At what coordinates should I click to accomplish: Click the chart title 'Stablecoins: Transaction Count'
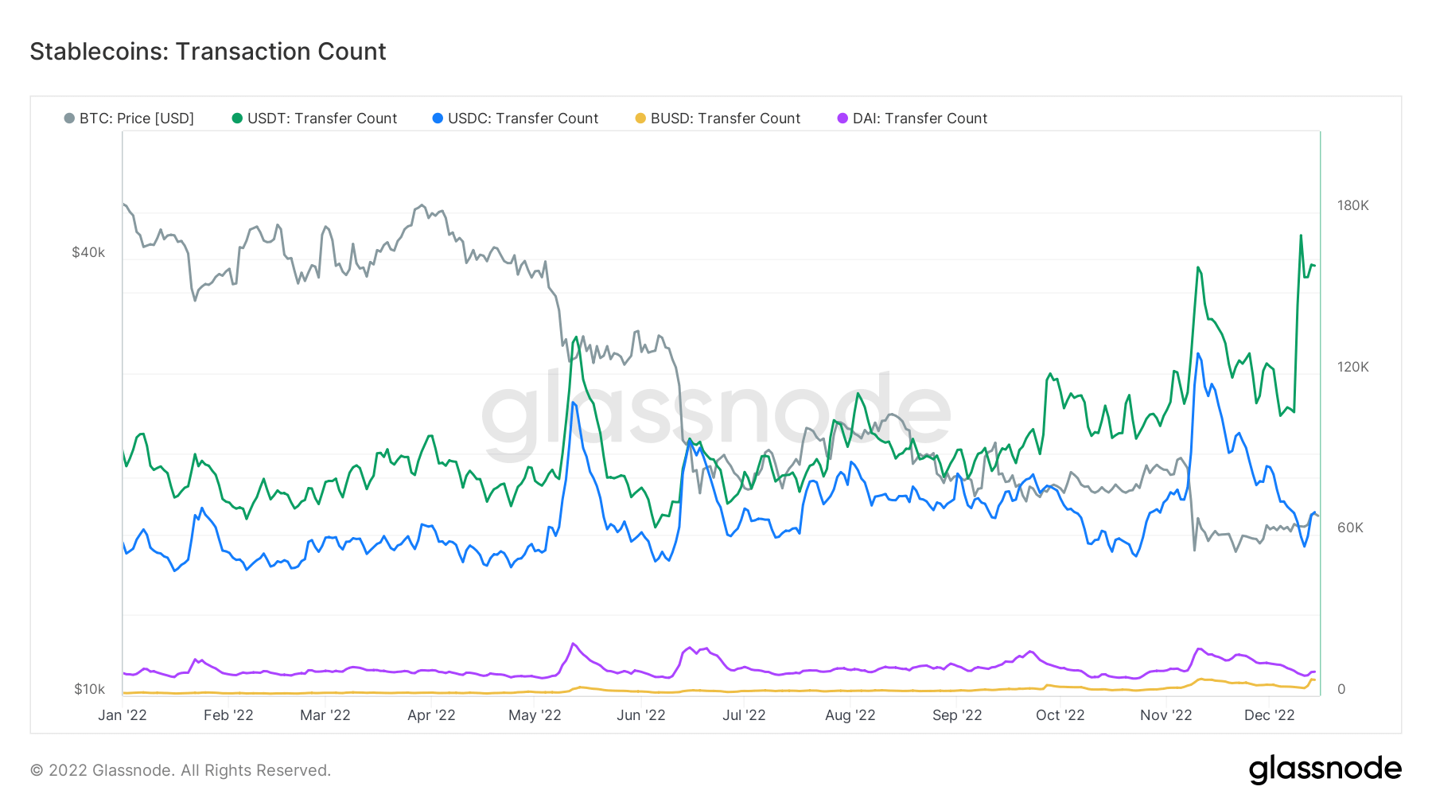point(208,52)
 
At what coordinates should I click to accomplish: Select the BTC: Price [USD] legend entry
point(130,119)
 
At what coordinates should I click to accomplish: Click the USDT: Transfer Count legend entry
point(315,119)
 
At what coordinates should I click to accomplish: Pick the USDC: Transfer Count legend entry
point(516,119)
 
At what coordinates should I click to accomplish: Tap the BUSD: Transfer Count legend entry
point(718,119)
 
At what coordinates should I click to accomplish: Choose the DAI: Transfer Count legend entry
point(913,119)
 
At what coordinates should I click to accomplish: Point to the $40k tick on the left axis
point(88,252)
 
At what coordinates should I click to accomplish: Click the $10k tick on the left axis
point(89,689)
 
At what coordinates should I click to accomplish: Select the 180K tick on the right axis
point(1352,205)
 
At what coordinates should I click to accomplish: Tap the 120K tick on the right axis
point(1352,367)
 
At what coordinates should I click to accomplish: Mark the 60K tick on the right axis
point(1350,528)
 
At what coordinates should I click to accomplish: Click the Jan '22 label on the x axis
point(123,715)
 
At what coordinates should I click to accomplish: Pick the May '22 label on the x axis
point(535,715)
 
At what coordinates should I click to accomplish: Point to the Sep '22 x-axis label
point(957,715)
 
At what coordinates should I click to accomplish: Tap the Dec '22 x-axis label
point(1269,715)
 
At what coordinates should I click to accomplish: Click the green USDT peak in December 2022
point(1301,236)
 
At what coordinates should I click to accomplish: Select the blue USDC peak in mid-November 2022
point(1198,354)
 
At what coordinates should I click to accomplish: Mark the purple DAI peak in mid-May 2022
point(573,644)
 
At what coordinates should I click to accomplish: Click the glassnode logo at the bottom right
point(1325,769)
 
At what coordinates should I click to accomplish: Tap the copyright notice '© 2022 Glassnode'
point(181,770)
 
